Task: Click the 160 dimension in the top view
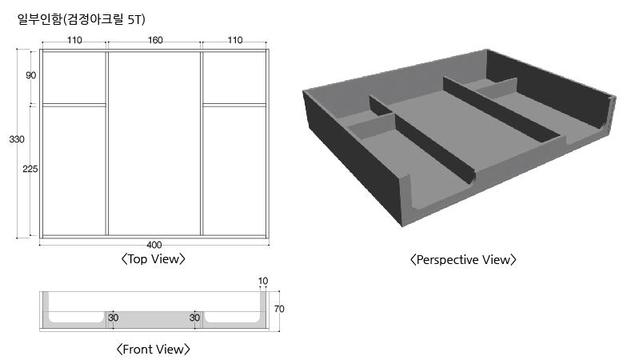[155, 40]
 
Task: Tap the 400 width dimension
[154, 245]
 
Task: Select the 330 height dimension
[17, 139]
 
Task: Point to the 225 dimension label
[30, 169]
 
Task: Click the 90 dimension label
[31, 75]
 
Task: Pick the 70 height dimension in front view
[279, 309]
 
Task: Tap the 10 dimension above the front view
[263, 281]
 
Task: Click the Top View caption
[153, 259]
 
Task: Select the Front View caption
[153, 350]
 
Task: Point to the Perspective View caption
[463, 260]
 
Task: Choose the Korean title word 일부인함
[40, 19]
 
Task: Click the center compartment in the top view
[154, 143]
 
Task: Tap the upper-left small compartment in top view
[74, 78]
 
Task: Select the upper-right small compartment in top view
[234, 78]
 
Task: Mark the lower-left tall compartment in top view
[74, 170]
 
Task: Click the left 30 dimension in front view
[114, 318]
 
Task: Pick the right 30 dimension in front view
[194, 318]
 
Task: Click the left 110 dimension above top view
[74, 40]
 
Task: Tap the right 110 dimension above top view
[235, 40]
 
